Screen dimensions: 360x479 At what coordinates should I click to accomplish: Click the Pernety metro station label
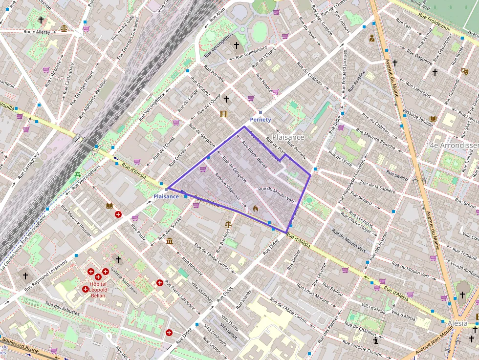coord(260,120)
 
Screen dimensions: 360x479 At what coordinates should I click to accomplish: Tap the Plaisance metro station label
coord(166,196)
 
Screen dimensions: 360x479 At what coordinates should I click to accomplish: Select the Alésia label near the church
coord(457,323)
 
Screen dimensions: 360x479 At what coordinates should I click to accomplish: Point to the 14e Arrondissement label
coord(452,146)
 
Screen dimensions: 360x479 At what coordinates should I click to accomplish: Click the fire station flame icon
coord(255,208)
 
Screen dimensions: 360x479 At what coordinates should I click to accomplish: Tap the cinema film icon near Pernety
coord(224,114)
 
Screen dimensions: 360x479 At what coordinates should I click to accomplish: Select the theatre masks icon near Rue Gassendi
coord(464,71)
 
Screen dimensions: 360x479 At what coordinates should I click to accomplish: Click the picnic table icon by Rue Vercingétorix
coord(78,175)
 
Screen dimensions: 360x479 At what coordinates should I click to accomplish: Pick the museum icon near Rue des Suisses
coord(169,241)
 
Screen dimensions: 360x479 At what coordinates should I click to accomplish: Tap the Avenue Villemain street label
coord(227,187)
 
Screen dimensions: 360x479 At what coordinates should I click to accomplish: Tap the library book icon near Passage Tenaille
coord(433,119)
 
